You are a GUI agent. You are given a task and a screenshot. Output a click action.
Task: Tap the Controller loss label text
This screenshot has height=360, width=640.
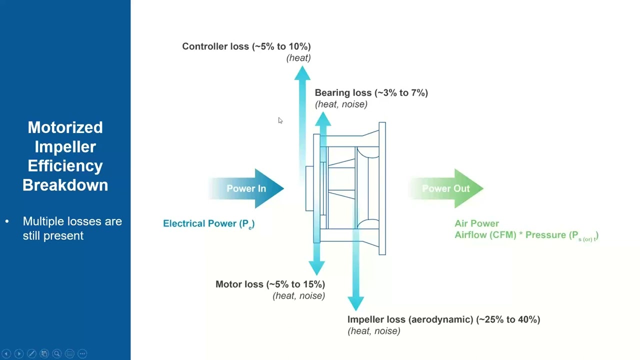(246, 46)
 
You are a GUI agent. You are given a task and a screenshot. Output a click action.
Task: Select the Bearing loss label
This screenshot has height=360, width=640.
(371, 93)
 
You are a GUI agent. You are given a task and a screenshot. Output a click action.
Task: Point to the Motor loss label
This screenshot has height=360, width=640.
(270, 284)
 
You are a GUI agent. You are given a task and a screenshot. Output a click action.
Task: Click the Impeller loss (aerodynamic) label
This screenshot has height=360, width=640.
(443, 319)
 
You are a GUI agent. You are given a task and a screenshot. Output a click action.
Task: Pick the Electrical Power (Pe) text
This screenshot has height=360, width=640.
(208, 223)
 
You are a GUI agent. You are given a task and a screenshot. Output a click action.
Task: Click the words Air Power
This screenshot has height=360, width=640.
(476, 223)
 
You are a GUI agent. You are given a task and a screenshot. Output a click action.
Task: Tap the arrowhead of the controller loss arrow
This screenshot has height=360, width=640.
(302, 73)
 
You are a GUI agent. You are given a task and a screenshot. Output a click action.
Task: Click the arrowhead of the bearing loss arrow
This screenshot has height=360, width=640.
(323, 119)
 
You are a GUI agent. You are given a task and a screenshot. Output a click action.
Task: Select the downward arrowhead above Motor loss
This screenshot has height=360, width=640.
(316, 267)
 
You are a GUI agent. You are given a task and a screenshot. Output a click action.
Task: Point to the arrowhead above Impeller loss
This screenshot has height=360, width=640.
(355, 303)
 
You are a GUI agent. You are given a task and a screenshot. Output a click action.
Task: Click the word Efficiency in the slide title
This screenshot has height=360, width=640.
(65, 166)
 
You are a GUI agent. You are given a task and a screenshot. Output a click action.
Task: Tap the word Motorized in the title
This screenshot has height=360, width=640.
(65, 127)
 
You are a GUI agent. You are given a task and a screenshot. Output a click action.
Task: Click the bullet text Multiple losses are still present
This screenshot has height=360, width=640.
(72, 228)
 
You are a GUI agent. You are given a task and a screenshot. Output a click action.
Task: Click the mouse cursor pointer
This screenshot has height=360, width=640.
(280, 120)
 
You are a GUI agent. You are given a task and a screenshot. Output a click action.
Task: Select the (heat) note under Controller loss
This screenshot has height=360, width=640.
(298, 58)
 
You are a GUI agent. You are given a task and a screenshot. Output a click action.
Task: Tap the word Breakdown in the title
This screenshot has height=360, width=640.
(65, 185)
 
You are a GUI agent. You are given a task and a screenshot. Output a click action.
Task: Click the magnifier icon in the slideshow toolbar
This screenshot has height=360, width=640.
(57, 353)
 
